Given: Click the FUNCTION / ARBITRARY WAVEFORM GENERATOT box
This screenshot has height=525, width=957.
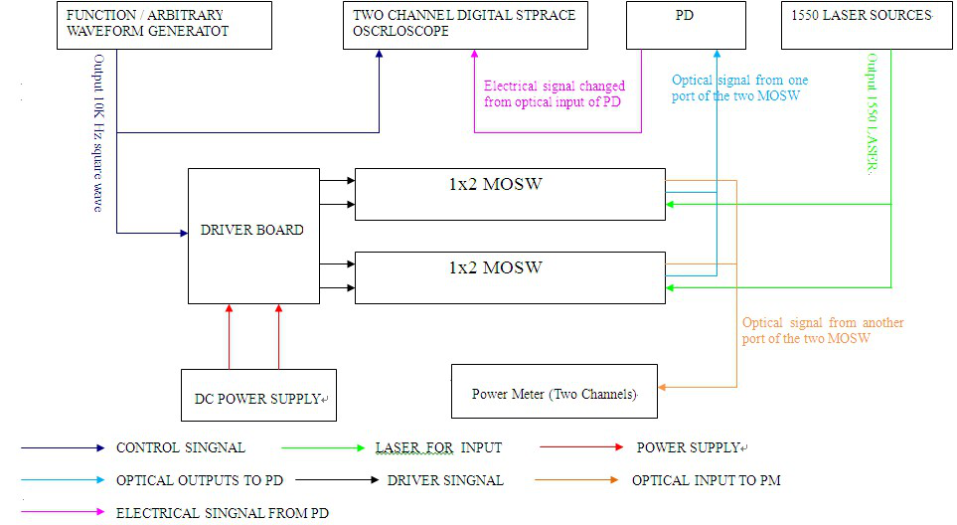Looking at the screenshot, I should click(x=164, y=25).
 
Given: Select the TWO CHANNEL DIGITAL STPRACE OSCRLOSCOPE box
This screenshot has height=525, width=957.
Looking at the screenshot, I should click(x=468, y=25).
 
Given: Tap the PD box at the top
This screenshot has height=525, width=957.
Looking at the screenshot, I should click(x=685, y=25).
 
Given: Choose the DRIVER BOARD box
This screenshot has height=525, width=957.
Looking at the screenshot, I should click(x=252, y=236).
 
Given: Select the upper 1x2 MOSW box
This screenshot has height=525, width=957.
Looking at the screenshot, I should click(x=510, y=194).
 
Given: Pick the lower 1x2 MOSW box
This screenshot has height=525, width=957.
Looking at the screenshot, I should click(x=510, y=277).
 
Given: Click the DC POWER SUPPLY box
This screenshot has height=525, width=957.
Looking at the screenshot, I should click(x=258, y=396).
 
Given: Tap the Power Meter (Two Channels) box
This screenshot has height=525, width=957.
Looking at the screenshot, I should click(x=554, y=392).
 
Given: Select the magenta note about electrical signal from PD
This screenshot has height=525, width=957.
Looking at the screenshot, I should click(x=554, y=93).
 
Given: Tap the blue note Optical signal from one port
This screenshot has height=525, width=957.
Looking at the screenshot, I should click(x=740, y=87).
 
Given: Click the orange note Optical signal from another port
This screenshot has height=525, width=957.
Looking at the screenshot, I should click(x=823, y=330).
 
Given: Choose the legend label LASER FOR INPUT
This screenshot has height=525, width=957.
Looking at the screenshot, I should click(x=438, y=447).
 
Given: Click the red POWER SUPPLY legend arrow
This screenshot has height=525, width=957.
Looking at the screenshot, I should click(x=581, y=447).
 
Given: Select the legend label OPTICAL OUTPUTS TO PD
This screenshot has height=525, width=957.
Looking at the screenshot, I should click(x=200, y=480).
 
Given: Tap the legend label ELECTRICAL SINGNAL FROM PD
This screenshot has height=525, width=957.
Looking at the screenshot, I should click(x=222, y=513).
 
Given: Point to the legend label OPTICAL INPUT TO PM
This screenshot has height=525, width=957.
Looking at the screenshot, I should click(x=706, y=480).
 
